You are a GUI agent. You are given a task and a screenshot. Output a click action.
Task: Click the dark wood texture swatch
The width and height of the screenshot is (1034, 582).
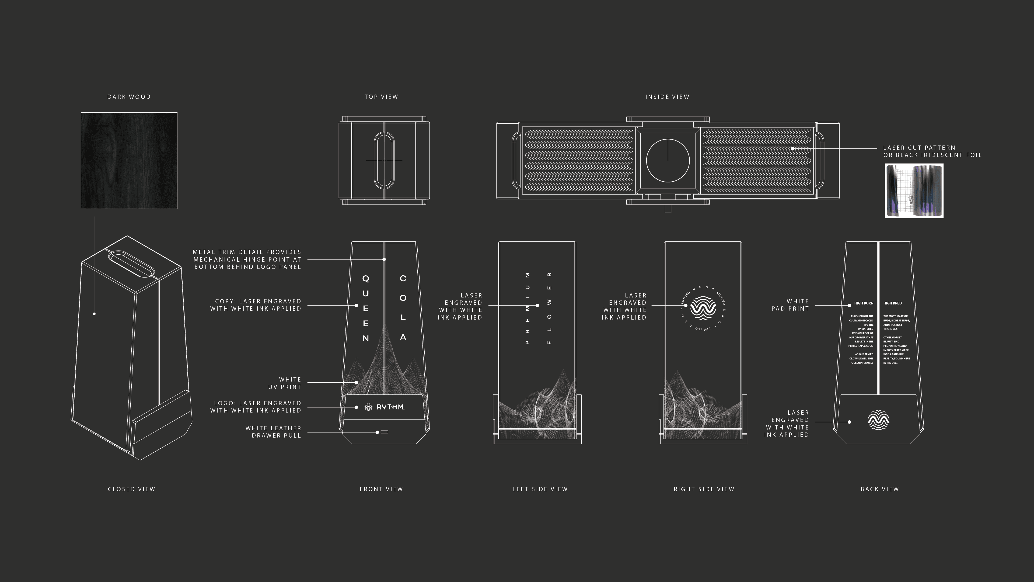[129, 160]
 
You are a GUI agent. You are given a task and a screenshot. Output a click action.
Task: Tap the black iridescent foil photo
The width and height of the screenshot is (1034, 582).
[914, 191]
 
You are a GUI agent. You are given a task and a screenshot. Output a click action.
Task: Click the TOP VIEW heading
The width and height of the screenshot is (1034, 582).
[381, 97]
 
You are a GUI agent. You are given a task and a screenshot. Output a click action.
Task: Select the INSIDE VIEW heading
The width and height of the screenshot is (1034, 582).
[667, 97]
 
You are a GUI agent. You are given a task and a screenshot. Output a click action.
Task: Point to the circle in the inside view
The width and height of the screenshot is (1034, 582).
[668, 160]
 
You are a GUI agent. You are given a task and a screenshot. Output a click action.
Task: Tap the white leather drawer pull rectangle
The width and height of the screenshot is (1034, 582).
[384, 432]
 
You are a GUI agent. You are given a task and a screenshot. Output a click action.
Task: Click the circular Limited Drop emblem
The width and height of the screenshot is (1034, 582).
[703, 309]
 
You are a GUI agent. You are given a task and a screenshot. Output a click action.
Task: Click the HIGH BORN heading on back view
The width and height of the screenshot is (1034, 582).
[863, 303]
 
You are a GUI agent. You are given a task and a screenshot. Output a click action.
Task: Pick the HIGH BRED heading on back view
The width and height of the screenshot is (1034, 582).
[892, 303]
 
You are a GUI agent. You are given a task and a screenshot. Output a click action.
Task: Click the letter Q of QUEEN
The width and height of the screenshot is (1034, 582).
[365, 278]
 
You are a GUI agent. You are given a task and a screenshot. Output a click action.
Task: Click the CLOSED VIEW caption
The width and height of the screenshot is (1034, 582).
[131, 489]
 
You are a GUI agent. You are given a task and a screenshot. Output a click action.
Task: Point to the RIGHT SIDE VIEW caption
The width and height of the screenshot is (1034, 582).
[704, 489]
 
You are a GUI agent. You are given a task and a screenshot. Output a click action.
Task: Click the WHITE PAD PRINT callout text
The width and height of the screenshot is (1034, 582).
[790, 305]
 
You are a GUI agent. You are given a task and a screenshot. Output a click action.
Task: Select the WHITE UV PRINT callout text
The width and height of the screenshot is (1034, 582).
[285, 383]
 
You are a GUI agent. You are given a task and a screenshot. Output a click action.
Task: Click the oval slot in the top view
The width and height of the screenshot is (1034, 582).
[384, 160]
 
